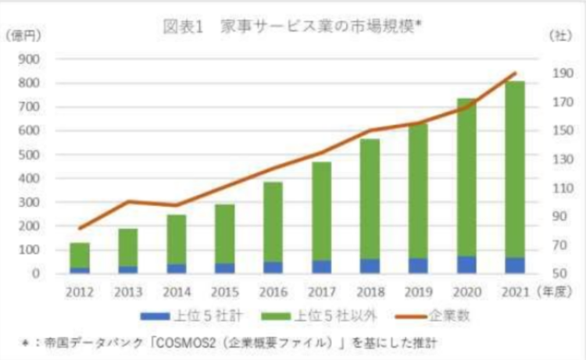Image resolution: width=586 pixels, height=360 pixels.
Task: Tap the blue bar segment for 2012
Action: click(x=79, y=269)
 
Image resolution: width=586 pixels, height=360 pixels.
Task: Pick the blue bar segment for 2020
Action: click(x=466, y=265)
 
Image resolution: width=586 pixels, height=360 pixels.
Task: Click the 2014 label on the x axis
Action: click(x=176, y=290)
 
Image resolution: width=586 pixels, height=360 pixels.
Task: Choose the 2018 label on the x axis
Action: click(x=370, y=290)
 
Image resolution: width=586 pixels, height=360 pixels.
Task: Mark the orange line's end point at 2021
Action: click(x=516, y=73)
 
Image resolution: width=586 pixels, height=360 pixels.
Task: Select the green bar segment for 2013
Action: click(x=127, y=247)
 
